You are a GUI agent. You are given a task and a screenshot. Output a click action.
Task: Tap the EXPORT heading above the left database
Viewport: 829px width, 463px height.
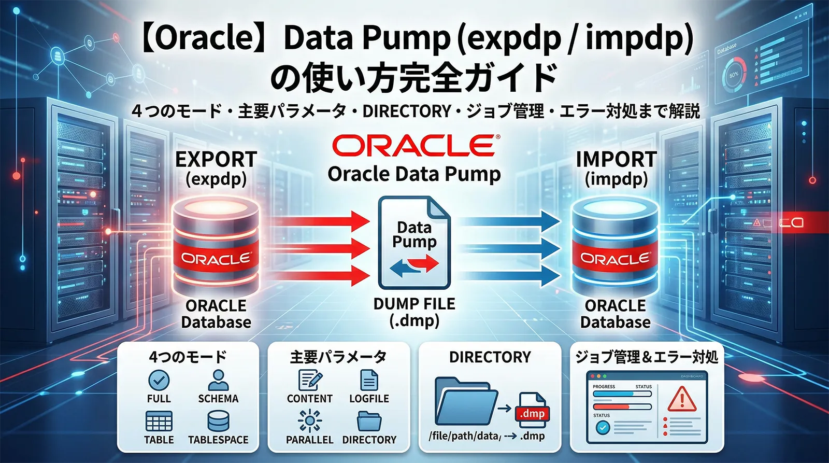[x=216, y=159]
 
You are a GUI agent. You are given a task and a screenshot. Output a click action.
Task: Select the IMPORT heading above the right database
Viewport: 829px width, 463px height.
[x=616, y=159]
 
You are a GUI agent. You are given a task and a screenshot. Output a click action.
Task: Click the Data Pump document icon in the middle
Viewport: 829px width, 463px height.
[x=414, y=242]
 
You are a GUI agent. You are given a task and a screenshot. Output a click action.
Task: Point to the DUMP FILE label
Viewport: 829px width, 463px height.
[x=414, y=304]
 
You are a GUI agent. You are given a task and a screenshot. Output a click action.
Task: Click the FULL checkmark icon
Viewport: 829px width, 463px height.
[x=159, y=380]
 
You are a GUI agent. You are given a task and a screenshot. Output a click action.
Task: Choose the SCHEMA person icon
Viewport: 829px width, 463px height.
[x=218, y=380]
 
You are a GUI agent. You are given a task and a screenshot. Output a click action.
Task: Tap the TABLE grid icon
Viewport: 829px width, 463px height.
[x=159, y=422]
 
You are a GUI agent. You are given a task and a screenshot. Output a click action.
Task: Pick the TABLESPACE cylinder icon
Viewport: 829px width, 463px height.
[x=218, y=422]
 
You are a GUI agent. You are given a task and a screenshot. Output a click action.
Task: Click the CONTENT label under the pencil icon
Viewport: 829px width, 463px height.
[x=310, y=399]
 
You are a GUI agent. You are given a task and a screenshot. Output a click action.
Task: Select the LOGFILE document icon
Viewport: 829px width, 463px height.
[x=369, y=380]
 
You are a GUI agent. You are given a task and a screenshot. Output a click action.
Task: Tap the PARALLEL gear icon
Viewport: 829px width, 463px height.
[x=310, y=420]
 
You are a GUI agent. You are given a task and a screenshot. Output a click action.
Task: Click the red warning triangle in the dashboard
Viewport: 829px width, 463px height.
[x=682, y=400]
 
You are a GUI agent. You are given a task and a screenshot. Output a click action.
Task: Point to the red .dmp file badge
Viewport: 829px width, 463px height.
[x=532, y=413]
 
